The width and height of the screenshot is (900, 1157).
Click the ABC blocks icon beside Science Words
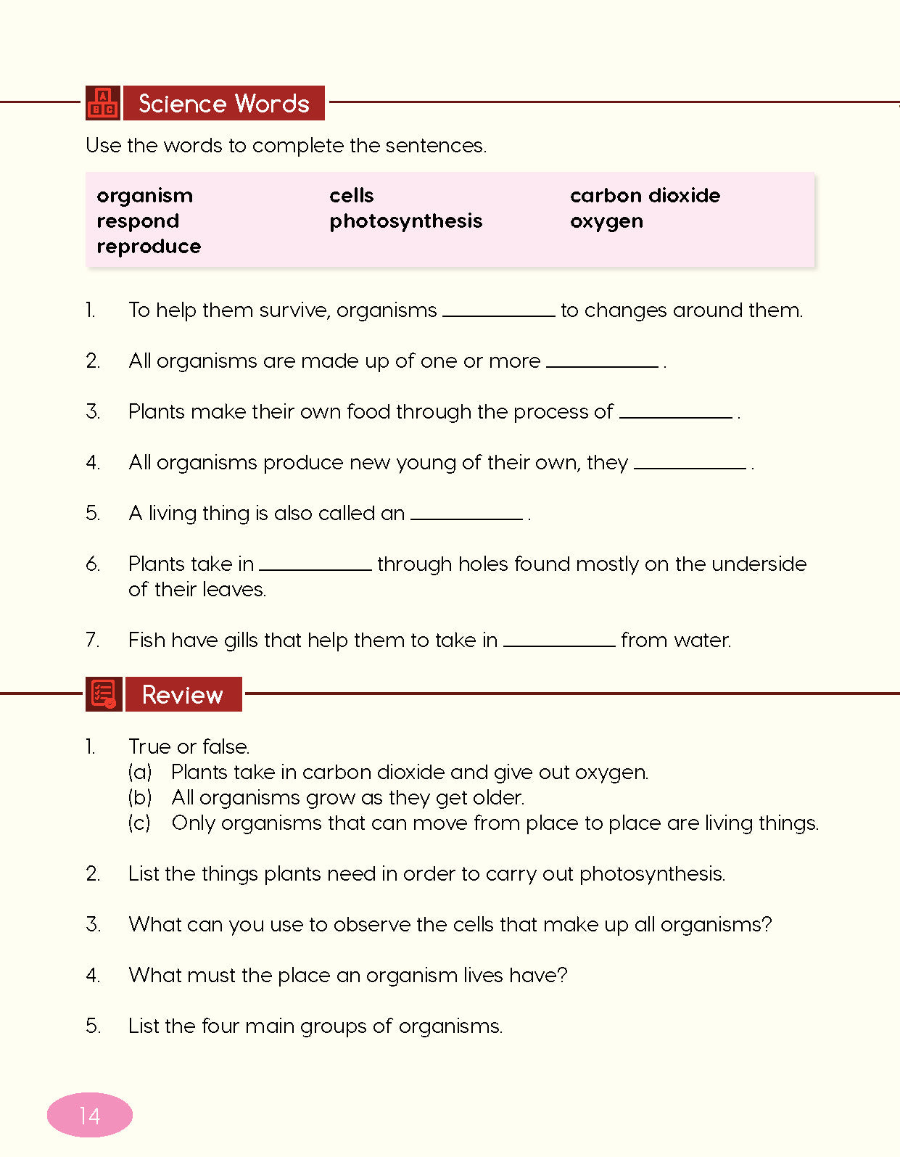pyautogui.click(x=103, y=103)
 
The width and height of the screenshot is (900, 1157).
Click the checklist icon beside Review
pyautogui.click(x=103, y=694)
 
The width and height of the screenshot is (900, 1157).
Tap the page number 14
pyautogui.click(x=90, y=1115)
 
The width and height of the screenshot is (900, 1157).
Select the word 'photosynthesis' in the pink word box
pyautogui.click(x=405, y=221)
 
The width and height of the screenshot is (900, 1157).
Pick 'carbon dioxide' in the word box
pyautogui.click(x=645, y=196)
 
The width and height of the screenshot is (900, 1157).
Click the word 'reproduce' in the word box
pyautogui.click(x=149, y=247)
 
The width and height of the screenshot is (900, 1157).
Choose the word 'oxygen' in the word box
pyautogui.click(x=606, y=221)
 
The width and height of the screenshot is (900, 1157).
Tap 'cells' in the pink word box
pyautogui.click(x=351, y=196)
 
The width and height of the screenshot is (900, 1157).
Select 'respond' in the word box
pyautogui.click(x=138, y=221)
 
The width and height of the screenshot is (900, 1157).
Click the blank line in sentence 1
pyautogui.click(x=499, y=312)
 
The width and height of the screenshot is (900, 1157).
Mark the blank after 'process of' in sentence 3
pyautogui.click(x=676, y=413)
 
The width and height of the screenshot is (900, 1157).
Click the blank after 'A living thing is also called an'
pyautogui.click(x=466, y=515)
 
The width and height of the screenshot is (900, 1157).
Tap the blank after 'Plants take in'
pyautogui.click(x=315, y=566)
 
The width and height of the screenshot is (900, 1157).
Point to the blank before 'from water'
pyautogui.click(x=559, y=642)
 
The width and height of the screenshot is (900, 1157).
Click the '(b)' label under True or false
pyautogui.click(x=140, y=798)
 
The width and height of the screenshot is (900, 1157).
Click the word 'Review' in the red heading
pyautogui.click(x=183, y=695)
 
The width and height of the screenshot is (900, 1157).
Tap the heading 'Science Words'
pyautogui.click(x=224, y=104)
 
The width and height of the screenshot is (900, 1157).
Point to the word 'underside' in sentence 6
pyautogui.click(x=759, y=564)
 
